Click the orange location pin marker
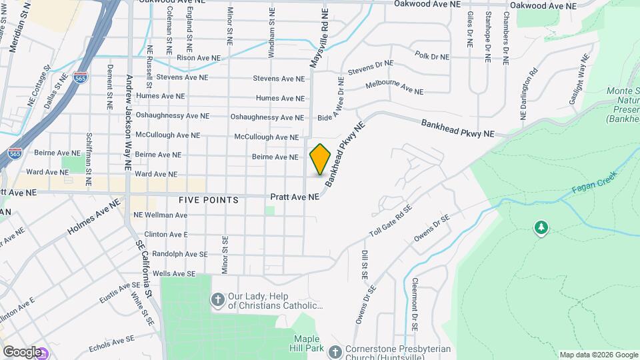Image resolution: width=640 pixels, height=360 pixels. click(x=321, y=159)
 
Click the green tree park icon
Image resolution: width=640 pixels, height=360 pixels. click(x=541, y=229)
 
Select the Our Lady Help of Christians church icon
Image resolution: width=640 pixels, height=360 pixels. click(x=217, y=300)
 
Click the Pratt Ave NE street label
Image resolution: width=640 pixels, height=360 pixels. click(x=295, y=197)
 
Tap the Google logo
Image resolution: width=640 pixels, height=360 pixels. click(x=21, y=351)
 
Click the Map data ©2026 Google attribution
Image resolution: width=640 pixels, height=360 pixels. click(x=598, y=355)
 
